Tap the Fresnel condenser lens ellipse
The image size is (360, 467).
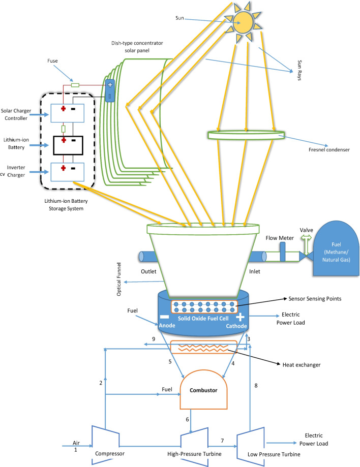tap(246, 135)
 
